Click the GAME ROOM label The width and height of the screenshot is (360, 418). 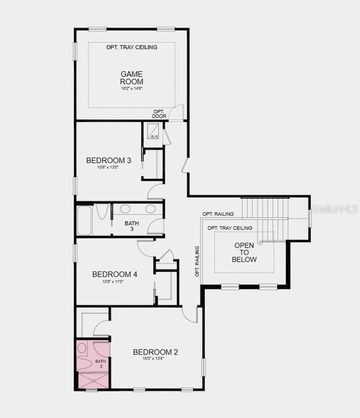pos(132,77)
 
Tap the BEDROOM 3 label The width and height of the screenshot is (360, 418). pos(109,161)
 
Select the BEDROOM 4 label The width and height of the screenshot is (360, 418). pos(114,274)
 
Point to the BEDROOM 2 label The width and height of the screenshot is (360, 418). pos(155,352)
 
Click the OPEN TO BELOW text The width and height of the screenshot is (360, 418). pos(245,253)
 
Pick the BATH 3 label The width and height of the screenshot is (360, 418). pos(132,226)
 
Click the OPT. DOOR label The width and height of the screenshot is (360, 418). pos(160,114)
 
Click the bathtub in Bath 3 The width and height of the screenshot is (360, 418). pos(84,220)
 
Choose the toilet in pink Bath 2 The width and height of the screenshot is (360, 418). pos(83,348)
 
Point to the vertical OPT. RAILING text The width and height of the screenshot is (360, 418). pos(197,261)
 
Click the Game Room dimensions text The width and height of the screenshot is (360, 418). pos(131,88)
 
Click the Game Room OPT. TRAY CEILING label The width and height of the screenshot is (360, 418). pos(132,47)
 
